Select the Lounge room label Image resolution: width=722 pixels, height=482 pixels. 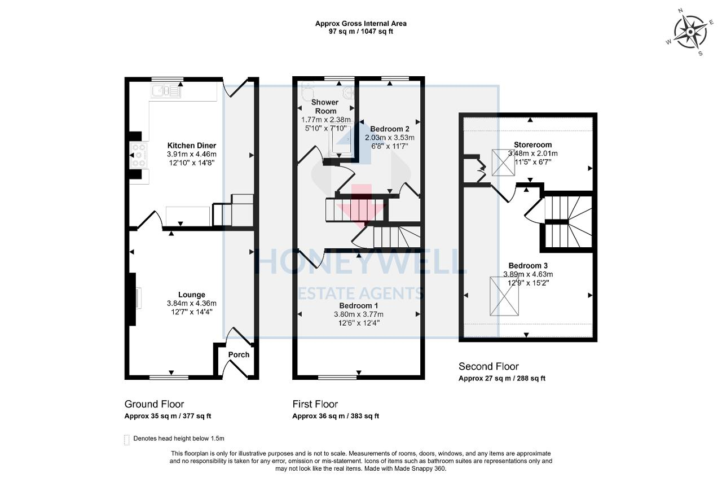(x=192, y=295)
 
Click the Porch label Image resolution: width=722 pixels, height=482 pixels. (x=239, y=354)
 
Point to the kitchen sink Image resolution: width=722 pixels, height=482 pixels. (x=165, y=90)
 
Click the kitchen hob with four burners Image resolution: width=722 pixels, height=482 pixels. (x=139, y=156)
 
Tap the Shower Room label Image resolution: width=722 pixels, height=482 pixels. (x=325, y=107)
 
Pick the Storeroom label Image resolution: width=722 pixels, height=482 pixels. (x=532, y=144)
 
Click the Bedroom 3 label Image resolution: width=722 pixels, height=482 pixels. (x=528, y=265)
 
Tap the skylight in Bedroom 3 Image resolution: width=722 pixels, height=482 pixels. (x=504, y=297)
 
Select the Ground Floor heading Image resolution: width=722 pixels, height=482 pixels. (x=154, y=404)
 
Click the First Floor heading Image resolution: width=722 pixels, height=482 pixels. (x=315, y=404)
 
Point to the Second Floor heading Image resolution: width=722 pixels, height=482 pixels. (x=488, y=366)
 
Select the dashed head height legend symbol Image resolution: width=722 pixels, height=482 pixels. (x=126, y=439)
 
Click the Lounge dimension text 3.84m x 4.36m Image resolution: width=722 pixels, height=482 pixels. (x=192, y=303)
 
